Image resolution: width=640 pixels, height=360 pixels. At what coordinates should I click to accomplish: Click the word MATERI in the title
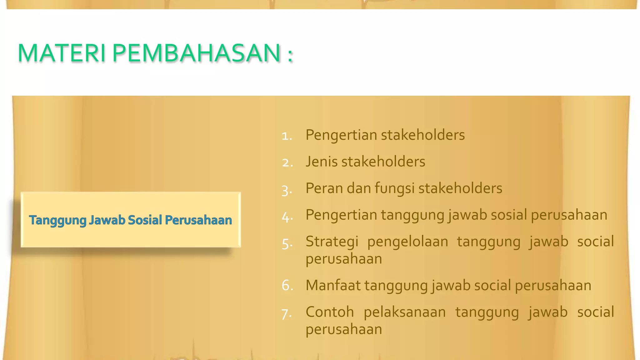click(61, 53)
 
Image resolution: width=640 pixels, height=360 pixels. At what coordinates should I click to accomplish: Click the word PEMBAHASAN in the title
click(196, 53)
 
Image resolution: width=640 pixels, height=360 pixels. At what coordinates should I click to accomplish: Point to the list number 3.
click(287, 190)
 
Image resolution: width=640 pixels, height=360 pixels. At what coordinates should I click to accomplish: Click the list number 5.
click(287, 243)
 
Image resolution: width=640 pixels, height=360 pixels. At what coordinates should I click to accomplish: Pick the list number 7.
click(287, 313)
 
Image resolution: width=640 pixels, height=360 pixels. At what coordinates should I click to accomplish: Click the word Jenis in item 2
click(322, 162)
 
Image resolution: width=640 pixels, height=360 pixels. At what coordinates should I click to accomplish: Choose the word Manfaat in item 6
click(333, 286)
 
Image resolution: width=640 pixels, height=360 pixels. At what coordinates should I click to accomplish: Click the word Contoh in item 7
click(330, 312)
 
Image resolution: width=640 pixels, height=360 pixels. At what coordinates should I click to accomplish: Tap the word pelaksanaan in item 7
click(404, 312)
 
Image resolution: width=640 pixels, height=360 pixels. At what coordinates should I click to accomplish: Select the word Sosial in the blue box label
click(145, 220)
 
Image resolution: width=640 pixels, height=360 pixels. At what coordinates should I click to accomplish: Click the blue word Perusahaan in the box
click(198, 220)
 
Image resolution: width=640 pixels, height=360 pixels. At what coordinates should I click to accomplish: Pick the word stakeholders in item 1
click(422, 135)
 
